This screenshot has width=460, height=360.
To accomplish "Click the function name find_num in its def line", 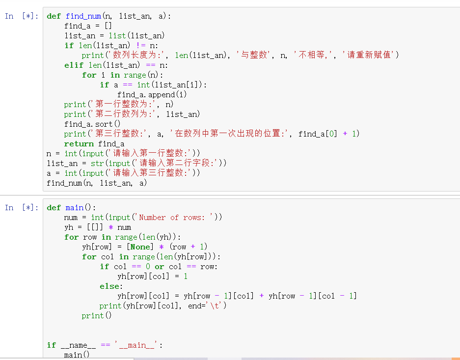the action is point(83,16).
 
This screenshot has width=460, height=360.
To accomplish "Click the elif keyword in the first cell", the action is point(73,65).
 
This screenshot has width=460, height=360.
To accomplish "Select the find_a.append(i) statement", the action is point(152,95).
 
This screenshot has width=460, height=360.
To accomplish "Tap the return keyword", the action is point(79,144).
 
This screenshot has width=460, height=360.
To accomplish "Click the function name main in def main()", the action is point(74,208).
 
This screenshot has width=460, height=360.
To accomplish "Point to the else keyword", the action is point(109,286).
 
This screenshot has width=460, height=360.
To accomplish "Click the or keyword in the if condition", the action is point(159,267).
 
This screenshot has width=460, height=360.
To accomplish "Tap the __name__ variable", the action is point(78,345).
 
